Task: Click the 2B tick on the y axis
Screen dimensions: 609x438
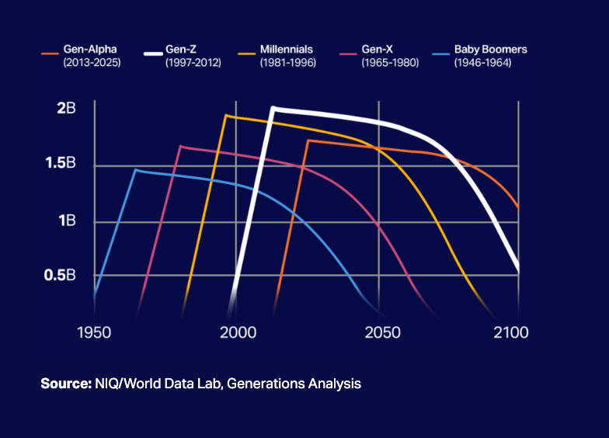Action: (x=66, y=108)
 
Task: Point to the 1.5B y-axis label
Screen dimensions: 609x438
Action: (x=61, y=163)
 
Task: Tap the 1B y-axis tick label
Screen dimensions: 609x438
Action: (x=67, y=221)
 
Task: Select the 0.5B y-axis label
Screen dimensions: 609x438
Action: (x=59, y=275)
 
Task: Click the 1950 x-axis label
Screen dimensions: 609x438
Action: (x=94, y=332)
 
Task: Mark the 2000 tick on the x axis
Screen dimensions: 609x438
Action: (x=238, y=332)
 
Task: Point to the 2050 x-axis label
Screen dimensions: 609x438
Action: (x=382, y=332)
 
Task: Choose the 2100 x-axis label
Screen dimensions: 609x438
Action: (x=511, y=332)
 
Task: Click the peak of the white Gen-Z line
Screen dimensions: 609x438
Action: (x=273, y=109)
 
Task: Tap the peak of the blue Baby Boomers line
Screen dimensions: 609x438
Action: (x=135, y=169)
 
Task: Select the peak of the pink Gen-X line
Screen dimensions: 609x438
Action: (x=181, y=146)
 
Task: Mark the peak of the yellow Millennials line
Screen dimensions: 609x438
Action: (x=226, y=115)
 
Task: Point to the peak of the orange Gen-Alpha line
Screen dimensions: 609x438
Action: (x=308, y=140)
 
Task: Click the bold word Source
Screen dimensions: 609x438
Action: (x=66, y=384)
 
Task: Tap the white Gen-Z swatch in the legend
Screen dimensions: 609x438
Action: (x=153, y=54)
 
